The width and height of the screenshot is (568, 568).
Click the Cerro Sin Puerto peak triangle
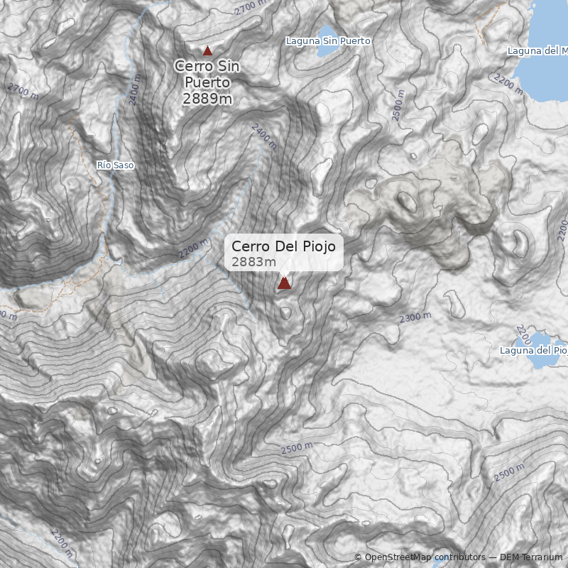(207, 50)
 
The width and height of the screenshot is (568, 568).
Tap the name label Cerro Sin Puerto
(207, 75)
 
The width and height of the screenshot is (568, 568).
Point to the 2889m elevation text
(207, 99)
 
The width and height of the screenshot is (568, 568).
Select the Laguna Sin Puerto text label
(328, 41)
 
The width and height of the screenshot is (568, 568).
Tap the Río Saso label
(115, 165)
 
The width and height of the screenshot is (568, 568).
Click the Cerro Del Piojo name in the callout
(283, 246)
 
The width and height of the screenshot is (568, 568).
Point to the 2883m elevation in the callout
(253, 262)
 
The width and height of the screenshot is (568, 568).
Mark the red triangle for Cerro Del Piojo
(284, 283)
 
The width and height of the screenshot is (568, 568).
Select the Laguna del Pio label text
(533, 350)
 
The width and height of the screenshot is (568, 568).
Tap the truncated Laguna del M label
(537, 51)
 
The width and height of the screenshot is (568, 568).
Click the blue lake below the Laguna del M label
(547, 78)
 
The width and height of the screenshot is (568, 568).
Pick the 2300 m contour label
(415, 317)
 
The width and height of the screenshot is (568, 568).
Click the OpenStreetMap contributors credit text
(425, 557)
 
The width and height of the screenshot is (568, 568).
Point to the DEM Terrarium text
(530, 557)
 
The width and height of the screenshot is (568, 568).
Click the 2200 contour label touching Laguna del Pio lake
(523, 333)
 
